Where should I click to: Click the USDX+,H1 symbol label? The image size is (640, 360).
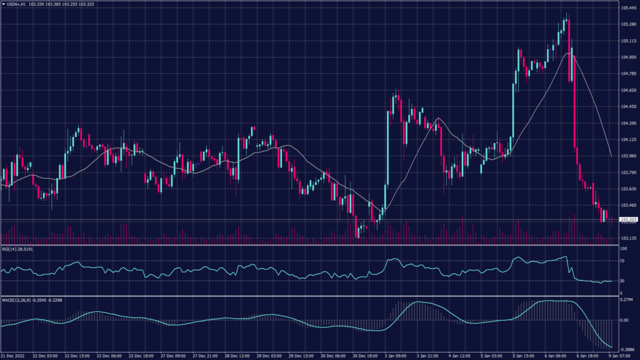[x=17, y=4]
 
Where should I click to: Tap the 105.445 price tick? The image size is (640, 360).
[x=628, y=8]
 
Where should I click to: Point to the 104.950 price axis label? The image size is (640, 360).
[x=628, y=57]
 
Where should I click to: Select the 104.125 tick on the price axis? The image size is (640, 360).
[x=628, y=139]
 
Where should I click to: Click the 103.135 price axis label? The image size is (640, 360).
[x=628, y=238]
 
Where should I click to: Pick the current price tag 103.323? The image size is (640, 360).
[x=627, y=219]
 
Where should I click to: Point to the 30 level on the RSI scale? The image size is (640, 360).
[x=622, y=281]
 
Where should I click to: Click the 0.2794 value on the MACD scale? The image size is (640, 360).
[x=627, y=301]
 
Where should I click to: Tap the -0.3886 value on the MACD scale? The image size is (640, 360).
[x=627, y=349]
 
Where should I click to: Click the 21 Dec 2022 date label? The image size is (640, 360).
[x=14, y=356]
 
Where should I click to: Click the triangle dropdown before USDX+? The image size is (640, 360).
[x=3, y=4]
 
